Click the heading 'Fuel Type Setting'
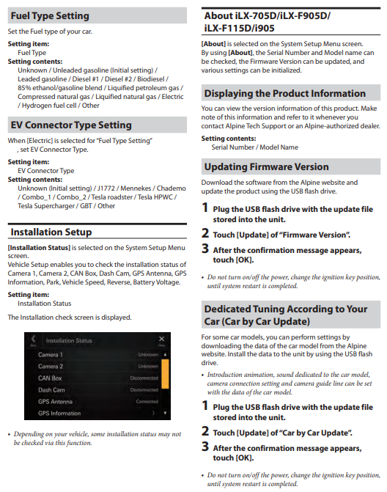point(50,15)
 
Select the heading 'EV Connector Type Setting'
point(71,125)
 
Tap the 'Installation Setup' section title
point(51,232)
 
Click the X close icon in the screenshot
point(161,339)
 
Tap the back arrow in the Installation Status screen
point(33,339)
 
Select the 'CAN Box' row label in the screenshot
point(50,378)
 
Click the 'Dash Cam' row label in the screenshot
point(51,390)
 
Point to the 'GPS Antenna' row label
point(55,402)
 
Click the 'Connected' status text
point(147,402)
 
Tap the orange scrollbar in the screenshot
point(165,374)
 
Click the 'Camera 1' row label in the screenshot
point(51,355)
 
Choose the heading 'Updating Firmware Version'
point(267,166)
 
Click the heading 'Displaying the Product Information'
point(285,93)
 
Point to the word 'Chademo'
point(172,188)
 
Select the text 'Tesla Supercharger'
point(46,206)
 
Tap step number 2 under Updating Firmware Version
point(205,233)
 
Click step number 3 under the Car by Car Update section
point(205,447)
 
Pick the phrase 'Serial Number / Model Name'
point(254,147)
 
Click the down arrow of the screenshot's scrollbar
point(165,414)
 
